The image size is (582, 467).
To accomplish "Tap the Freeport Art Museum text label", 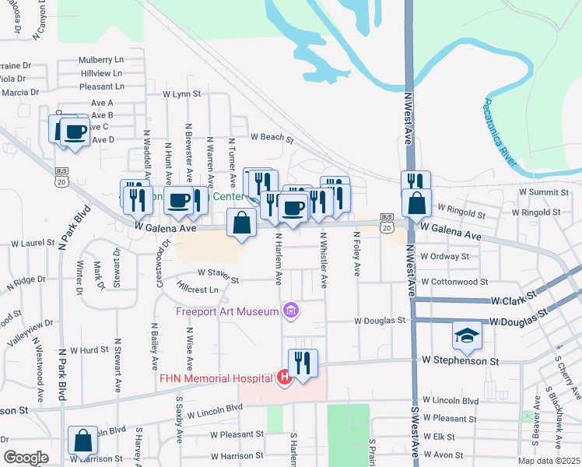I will pos(227,312).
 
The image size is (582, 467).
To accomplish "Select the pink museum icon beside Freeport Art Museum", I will pos(292,312).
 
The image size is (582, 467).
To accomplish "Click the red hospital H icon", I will pos(284,378).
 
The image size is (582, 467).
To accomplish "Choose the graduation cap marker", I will pos(467,335).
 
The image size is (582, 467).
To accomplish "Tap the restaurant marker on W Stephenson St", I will pos(303,362).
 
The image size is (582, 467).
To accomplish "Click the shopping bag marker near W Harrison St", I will pos(82,441).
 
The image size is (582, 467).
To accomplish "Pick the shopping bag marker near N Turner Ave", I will pos(242,223).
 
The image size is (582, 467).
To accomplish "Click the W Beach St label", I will pos(272,139).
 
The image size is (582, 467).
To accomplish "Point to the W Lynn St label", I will pos(182,93).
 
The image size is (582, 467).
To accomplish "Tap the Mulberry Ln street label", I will pos(101,59).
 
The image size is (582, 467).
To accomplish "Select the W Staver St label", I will pos(217,272).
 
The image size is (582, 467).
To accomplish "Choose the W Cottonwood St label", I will pos(454,282).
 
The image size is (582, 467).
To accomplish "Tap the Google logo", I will pos(26,458).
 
